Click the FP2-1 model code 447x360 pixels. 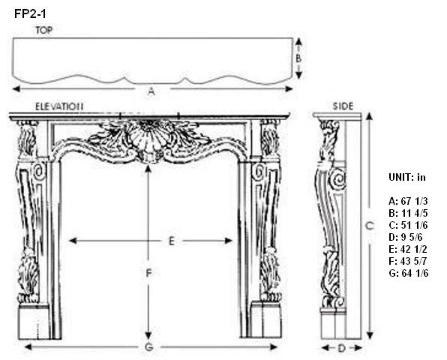click(30, 13)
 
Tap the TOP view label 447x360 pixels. click(44, 30)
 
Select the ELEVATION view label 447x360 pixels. click(59, 106)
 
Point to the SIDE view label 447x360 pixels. click(343, 106)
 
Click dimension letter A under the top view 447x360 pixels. click(151, 91)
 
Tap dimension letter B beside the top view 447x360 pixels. click(298, 58)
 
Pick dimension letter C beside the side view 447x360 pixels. click(370, 226)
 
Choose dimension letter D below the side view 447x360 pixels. click(341, 348)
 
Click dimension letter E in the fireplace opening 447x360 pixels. click(171, 241)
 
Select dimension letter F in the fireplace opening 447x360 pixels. click(148, 273)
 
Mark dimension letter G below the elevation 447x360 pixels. click(148, 347)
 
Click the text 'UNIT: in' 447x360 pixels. click(406, 177)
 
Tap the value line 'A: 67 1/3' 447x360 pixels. click(408, 201)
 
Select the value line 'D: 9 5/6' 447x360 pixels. click(406, 237)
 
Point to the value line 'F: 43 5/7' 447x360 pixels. click(408, 261)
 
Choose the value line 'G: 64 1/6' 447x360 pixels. click(408, 273)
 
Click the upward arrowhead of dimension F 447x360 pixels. click(148, 169)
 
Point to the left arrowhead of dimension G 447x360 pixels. click(28, 347)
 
